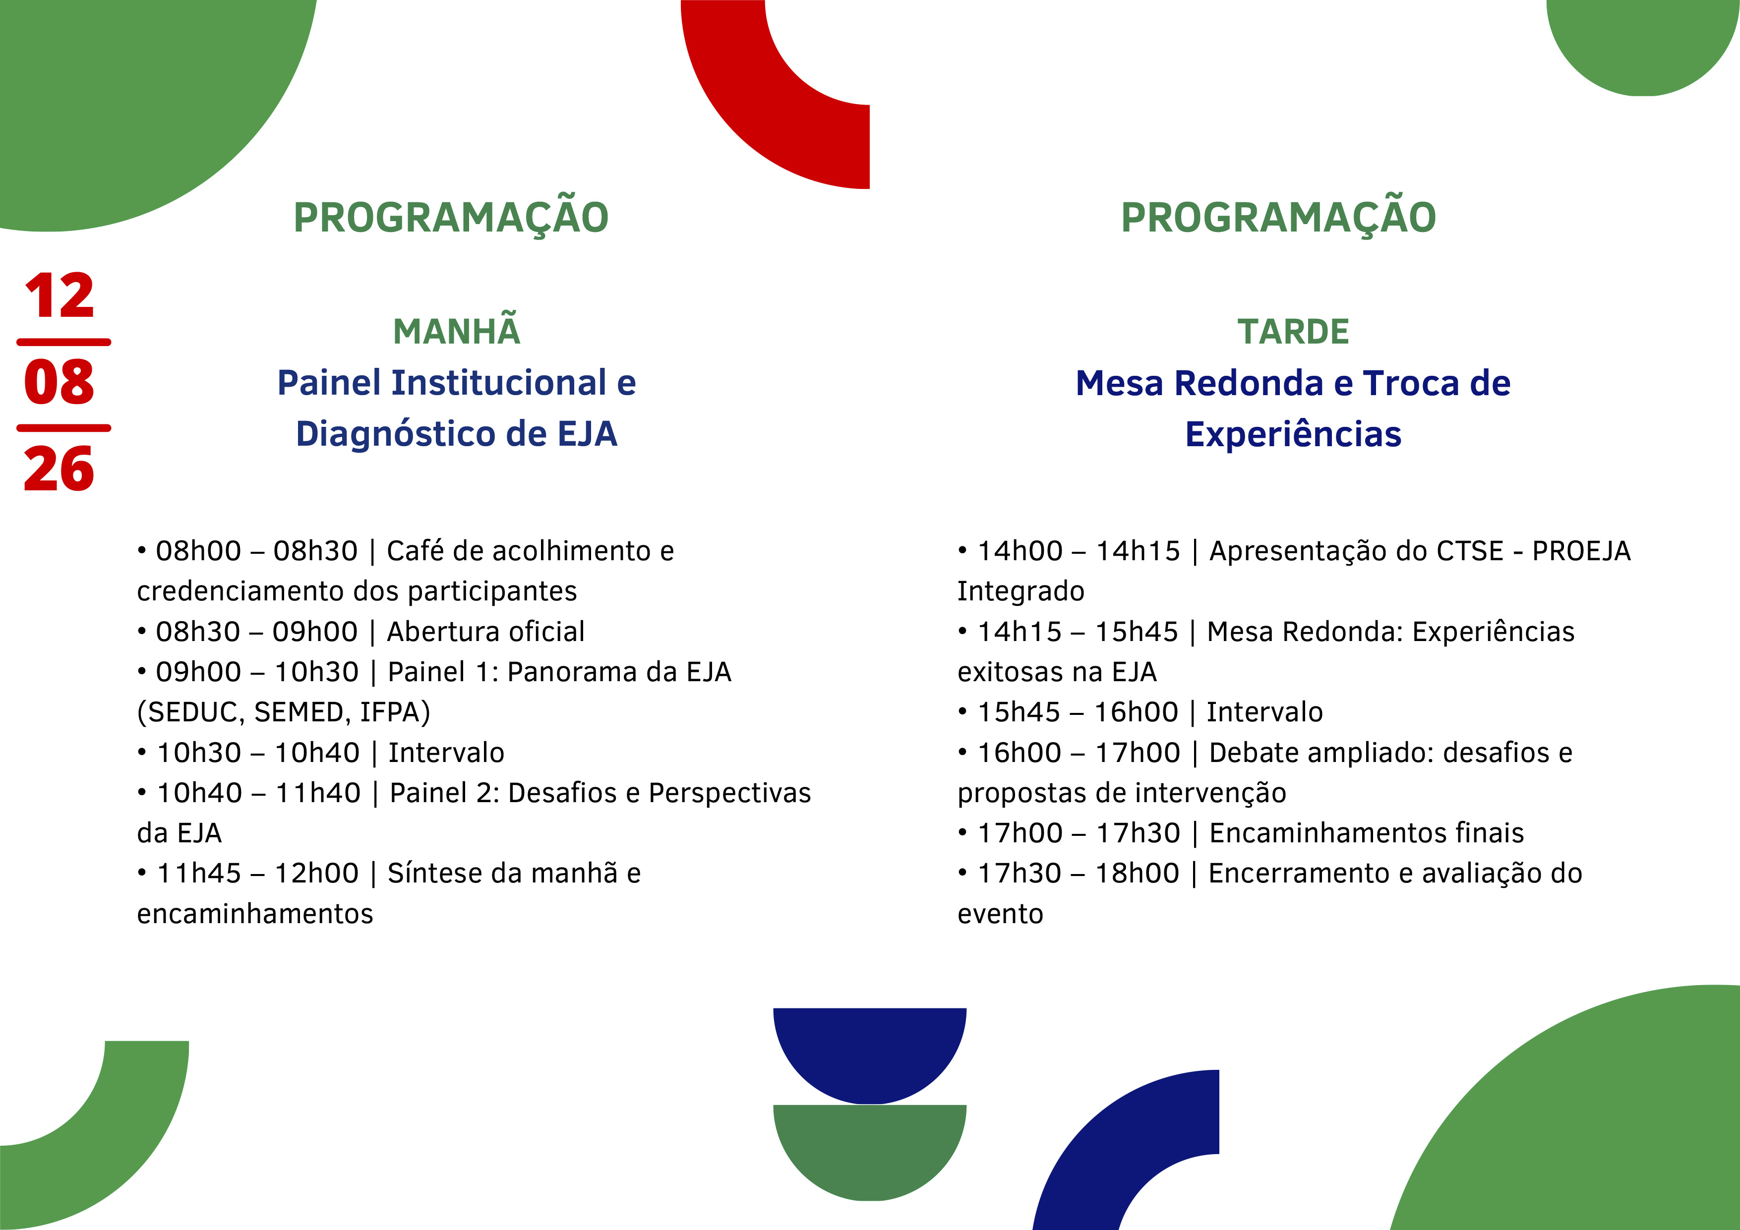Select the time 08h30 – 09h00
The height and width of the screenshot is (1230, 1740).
coord(256,631)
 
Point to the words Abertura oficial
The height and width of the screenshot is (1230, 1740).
coord(486,631)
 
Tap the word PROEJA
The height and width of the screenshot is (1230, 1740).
coord(1581,551)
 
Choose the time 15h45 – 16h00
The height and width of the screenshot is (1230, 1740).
coord(1078,712)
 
